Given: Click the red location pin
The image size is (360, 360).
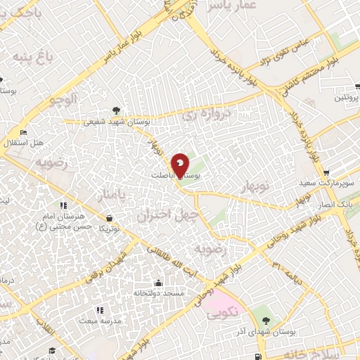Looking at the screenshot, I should tap(180, 165).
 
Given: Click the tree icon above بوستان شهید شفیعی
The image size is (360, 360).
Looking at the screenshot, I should tap(116, 110).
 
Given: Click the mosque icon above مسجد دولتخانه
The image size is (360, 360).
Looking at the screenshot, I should tap(159, 283).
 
